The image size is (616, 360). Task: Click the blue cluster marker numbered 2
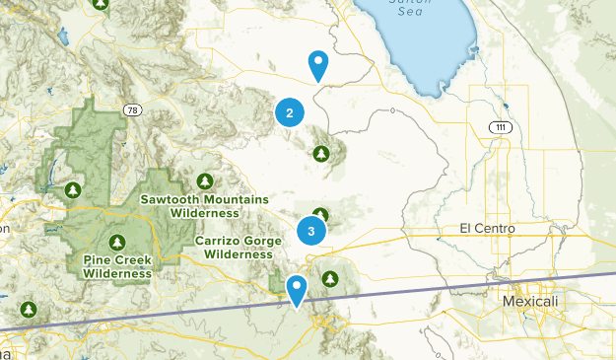[289, 113]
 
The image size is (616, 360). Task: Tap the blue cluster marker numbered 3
[311, 232]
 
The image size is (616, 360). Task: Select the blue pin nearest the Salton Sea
[318, 65]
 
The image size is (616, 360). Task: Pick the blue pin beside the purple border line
[297, 289]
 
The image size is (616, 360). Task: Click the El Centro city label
[487, 228]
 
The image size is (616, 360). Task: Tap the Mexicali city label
[529, 300]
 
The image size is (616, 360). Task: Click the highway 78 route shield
[130, 108]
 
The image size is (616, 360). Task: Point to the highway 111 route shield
[502, 128]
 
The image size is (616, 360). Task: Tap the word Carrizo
[219, 241]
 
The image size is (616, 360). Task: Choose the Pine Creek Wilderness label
[117, 266]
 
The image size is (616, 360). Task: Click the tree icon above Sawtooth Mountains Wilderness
[204, 180]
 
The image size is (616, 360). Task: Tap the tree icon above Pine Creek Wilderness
[117, 242]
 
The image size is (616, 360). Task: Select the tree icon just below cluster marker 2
[320, 153]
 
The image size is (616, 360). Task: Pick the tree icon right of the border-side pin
[330, 278]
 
